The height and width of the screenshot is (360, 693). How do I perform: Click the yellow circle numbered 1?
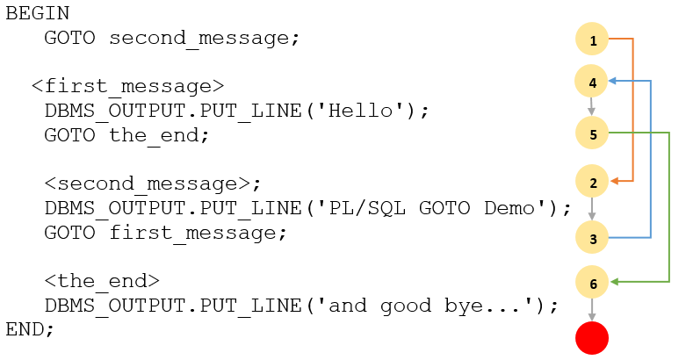pos(592,40)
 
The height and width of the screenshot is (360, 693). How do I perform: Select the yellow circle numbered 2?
pos(592,183)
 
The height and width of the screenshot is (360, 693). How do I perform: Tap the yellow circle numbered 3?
pos(592,238)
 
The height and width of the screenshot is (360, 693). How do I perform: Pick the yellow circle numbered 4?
pos(592,83)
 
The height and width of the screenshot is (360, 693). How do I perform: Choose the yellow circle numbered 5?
pos(592,133)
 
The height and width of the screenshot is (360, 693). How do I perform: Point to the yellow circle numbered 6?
pos(592,283)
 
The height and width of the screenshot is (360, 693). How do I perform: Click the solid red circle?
pos(592,338)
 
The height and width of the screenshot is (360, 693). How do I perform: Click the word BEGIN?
pos(38,14)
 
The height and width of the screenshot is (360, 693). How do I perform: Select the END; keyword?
pos(30,330)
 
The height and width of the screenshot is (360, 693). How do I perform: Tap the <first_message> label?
pos(127,86)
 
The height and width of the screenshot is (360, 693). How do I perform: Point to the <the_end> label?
pos(102,281)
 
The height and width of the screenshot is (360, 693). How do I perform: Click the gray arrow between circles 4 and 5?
pos(592,108)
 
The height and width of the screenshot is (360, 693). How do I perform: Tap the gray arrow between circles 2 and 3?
pos(592,211)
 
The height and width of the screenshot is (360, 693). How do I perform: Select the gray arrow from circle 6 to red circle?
pos(592,309)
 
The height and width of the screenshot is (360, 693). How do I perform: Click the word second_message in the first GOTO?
pos(204,39)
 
